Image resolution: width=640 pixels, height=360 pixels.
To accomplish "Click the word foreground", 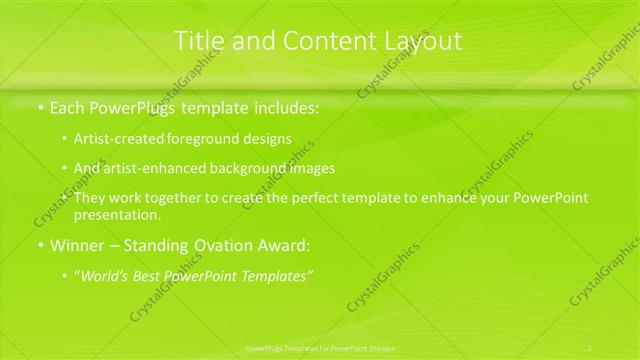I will click(203, 140).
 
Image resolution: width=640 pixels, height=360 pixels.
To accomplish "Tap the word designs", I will click(265, 140).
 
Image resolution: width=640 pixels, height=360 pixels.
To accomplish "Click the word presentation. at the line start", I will click(116, 215).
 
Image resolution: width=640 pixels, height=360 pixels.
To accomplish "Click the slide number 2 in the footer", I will click(590, 348).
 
